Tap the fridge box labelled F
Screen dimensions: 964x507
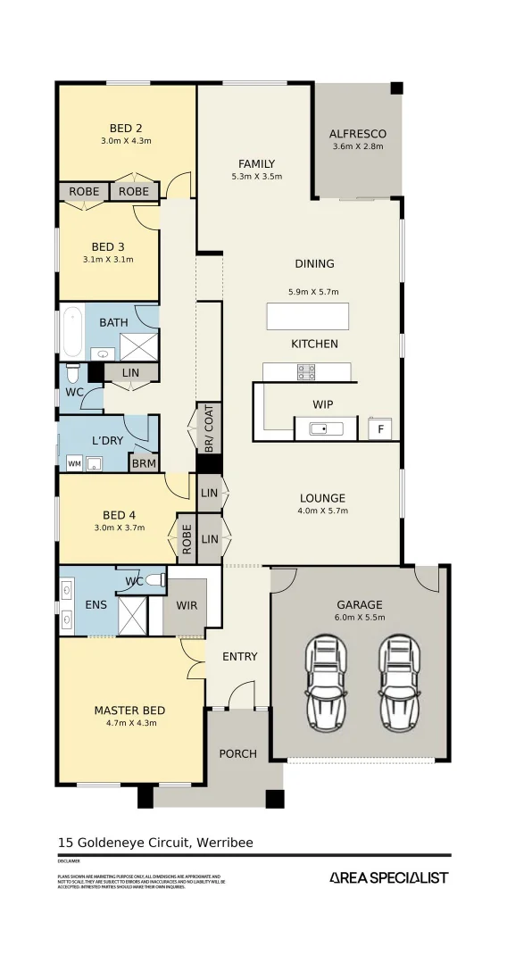click(381, 429)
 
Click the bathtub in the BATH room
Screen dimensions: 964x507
click(71, 332)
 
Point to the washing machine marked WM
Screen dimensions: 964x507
click(73, 464)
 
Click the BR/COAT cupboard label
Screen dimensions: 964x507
click(209, 428)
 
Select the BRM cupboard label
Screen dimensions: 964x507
click(143, 464)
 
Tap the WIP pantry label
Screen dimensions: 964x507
click(322, 404)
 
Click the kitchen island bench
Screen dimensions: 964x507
click(307, 316)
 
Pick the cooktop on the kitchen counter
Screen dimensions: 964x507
click(306, 371)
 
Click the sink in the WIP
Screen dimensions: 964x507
click(326, 429)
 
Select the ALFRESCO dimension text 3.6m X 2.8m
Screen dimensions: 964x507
click(357, 146)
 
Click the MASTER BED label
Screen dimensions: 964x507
click(129, 711)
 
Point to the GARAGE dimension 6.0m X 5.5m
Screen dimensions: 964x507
click(359, 618)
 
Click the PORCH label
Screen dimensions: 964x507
click(237, 753)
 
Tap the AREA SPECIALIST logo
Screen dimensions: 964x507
click(388, 877)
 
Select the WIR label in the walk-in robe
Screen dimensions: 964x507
click(186, 604)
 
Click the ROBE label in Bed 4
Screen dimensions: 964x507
click(187, 538)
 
